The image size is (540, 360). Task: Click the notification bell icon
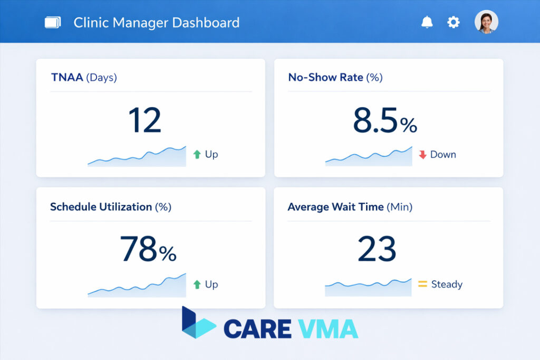click(x=427, y=22)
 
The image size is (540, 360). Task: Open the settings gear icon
click(x=454, y=22)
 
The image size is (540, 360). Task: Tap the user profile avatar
click(x=486, y=22)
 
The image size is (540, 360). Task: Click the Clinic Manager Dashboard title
click(x=156, y=23)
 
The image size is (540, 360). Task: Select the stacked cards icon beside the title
click(x=53, y=23)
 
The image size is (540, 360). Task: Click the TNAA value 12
click(x=144, y=120)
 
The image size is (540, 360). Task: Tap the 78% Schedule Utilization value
click(x=148, y=249)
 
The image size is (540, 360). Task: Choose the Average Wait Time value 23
click(x=377, y=249)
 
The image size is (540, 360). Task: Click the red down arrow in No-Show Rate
click(x=422, y=154)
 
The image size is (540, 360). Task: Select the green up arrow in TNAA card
click(x=197, y=154)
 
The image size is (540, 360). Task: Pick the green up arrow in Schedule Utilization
click(x=197, y=285)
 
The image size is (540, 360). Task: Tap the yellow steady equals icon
click(x=422, y=285)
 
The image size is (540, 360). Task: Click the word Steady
click(x=447, y=285)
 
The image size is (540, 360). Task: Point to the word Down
click(x=443, y=154)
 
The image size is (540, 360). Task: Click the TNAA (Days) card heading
click(x=84, y=77)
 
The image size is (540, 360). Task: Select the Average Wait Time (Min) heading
click(x=350, y=207)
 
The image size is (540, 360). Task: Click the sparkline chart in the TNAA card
click(x=137, y=157)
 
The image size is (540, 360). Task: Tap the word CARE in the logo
click(x=257, y=328)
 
